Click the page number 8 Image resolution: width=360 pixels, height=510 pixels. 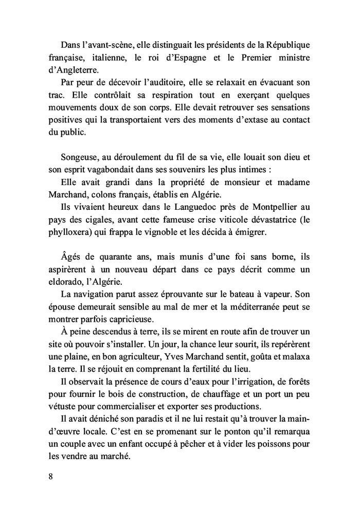[50, 476]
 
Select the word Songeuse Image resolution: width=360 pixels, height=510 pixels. [78, 158]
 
